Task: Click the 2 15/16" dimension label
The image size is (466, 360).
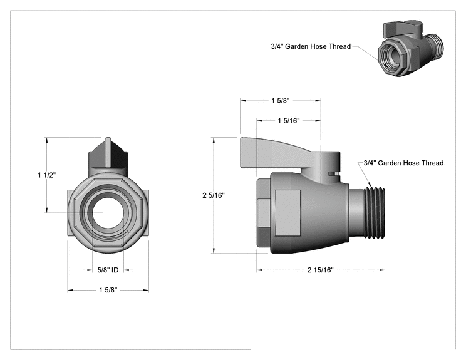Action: coord(321,270)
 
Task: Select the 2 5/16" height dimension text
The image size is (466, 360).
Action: coord(214,195)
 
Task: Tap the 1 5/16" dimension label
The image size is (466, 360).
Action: coord(289,121)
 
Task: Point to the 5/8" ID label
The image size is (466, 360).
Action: coord(108,270)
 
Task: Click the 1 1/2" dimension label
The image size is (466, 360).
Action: coord(46,175)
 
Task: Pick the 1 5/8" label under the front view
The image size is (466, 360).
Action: coord(108,290)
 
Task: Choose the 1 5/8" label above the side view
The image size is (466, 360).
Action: coord(280,101)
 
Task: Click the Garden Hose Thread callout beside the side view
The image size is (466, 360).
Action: coord(403,163)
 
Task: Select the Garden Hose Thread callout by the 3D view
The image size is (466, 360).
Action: coord(311,46)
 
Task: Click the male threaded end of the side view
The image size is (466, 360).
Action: coord(375,213)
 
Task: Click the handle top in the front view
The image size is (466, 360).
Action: coord(108,156)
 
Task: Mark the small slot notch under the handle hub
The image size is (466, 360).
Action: coord(333,173)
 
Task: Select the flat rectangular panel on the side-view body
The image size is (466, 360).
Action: coord(287,213)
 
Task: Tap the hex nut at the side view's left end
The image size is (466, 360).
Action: coord(264,213)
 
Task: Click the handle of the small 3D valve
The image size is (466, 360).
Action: coord(403,29)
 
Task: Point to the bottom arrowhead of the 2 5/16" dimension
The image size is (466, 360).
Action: coord(214,250)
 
